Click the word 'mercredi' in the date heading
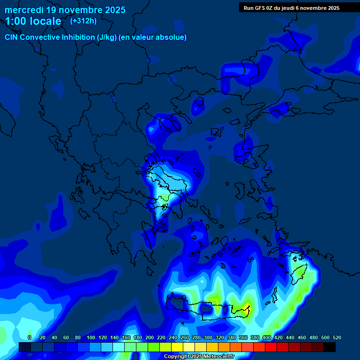coord(23,10)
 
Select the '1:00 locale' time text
coord(33,21)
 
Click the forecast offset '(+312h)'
coord(83,21)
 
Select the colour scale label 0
coord(30,337)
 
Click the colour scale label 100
coord(91,337)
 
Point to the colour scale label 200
coord(150,337)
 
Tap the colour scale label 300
coord(208,337)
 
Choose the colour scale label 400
coord(267,337)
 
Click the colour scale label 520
coord(337,337)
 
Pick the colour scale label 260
coord(185,337)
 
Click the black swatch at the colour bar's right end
coord(329,347)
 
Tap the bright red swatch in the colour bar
coord(270,347)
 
